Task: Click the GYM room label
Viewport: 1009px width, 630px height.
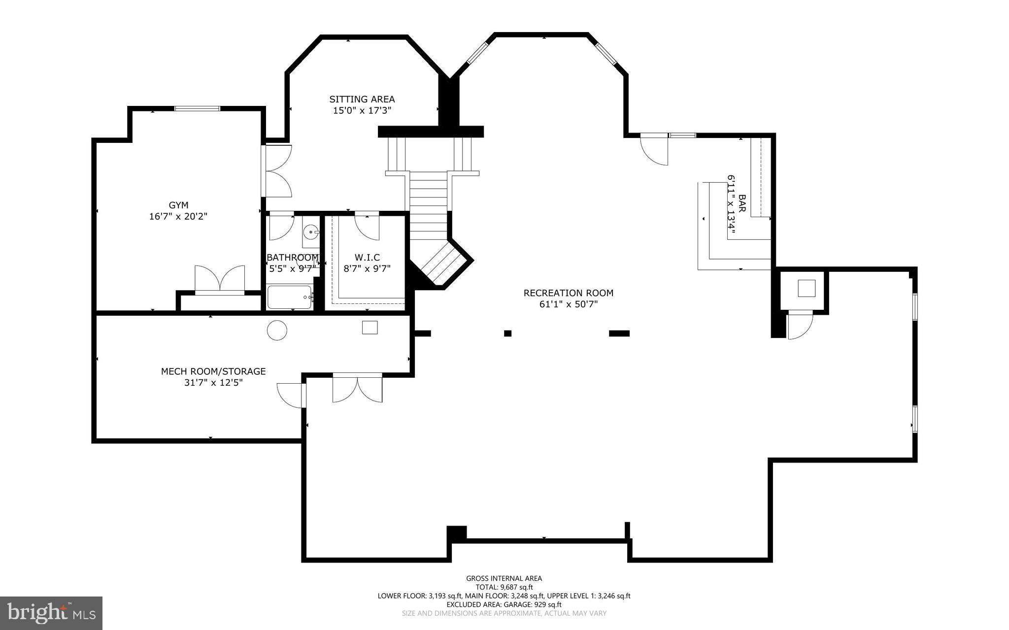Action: pos(178,205)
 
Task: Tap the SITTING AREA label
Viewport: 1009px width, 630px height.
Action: pos(362,99)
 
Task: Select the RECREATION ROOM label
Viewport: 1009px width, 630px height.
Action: pos(569,293)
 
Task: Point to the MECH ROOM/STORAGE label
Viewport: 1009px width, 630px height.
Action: pos(213,371)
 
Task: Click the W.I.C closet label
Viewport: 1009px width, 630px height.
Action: pos(367,258)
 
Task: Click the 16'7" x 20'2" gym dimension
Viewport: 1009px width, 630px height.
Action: pos(178,216)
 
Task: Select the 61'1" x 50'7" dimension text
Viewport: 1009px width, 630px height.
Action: pos(569,304)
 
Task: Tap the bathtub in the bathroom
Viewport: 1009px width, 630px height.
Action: pos(290,298)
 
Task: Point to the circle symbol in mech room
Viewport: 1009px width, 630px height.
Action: pos(277,330)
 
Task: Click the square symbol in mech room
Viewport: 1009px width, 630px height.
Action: pos(370,328)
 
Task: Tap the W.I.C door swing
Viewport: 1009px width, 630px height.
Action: pos(367,226)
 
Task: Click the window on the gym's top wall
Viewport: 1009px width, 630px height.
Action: pos(198,108)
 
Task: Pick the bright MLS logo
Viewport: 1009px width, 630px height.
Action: pos(51,613)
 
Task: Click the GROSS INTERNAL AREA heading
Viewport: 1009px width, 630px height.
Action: pos(504,579)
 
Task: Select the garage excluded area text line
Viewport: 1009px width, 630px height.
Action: pos(504,605)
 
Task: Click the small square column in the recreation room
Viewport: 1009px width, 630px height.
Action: pos(507,333)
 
